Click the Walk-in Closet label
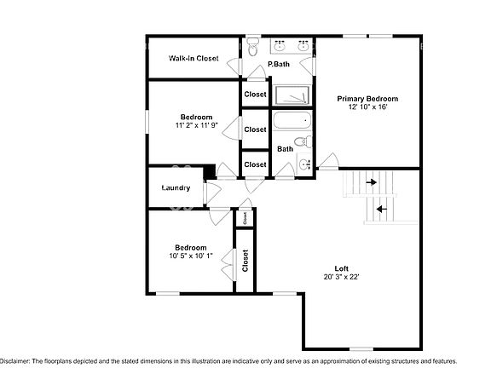(193, 59)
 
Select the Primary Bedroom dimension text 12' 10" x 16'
(367, 107)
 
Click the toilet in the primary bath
(252, 48)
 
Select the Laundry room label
(176, 187)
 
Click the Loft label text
(342, 267)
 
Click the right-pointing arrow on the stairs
(371, 181)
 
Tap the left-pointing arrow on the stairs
(381, 208)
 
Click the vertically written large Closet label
(245, 261)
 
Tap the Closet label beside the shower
(255, 95)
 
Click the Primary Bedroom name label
(367, 98)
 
